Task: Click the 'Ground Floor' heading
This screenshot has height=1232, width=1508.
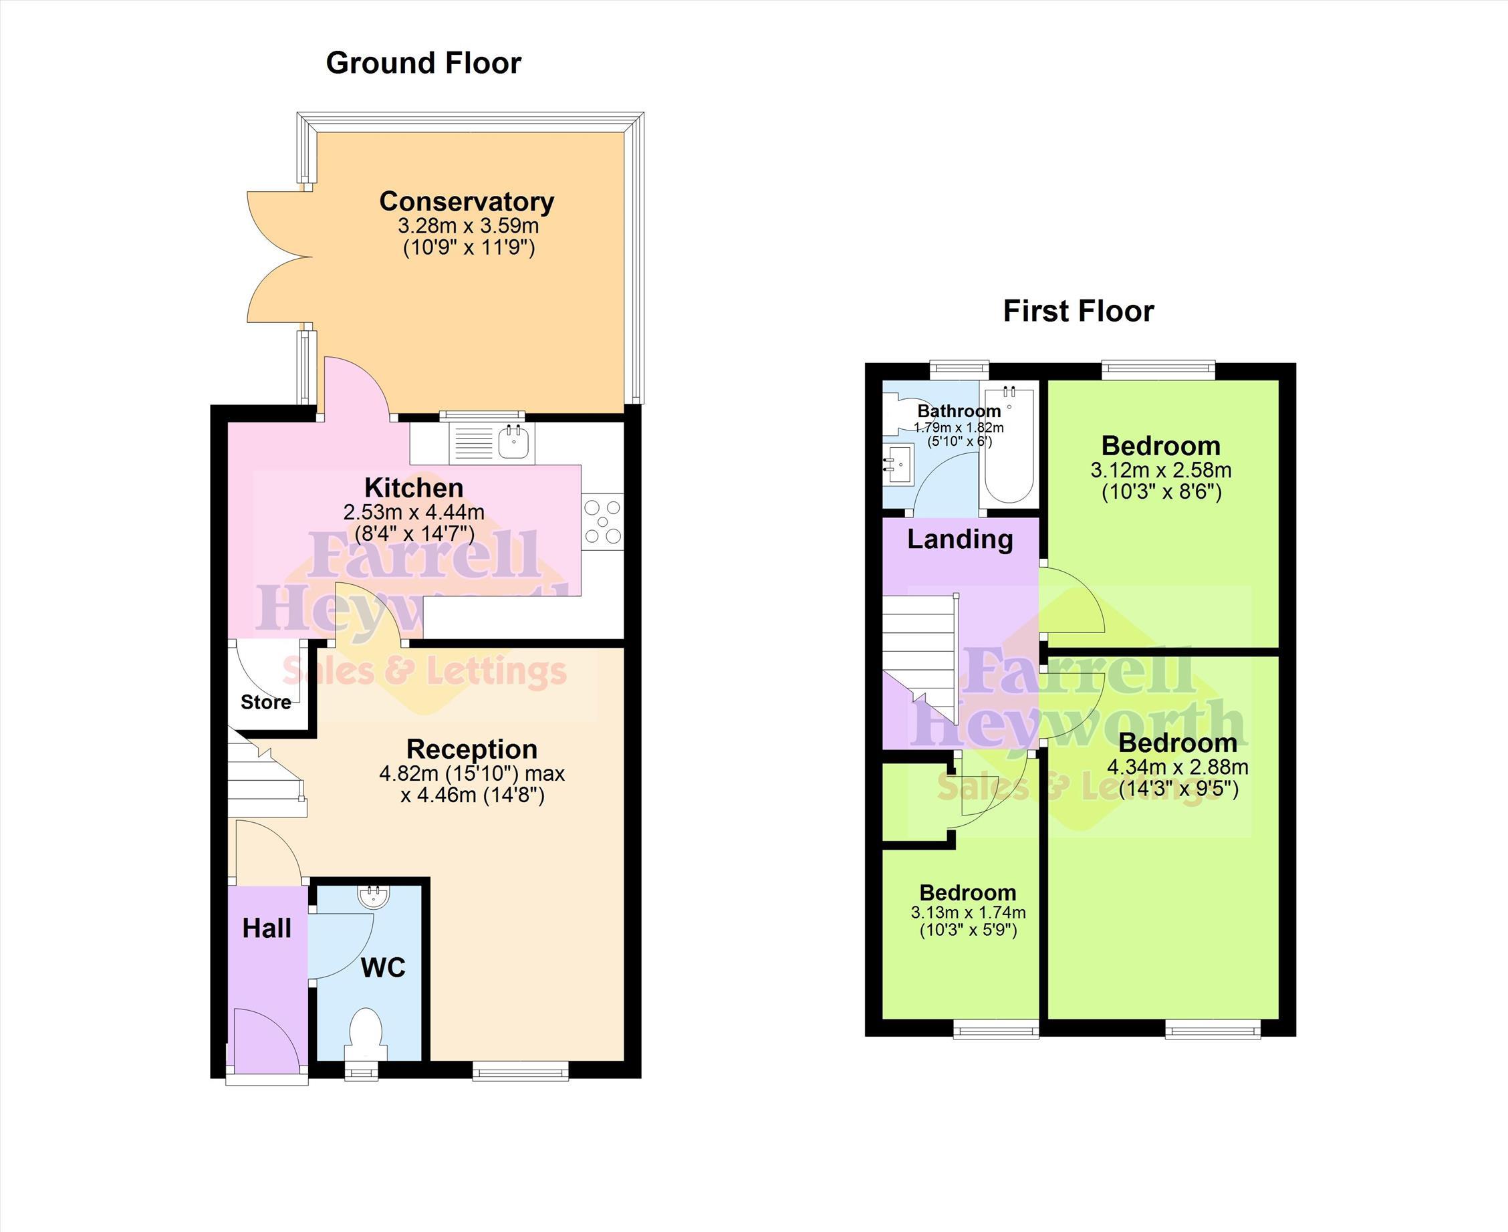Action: click(x=423, y=63)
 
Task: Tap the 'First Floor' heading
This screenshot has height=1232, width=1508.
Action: click(x=1078, y=312)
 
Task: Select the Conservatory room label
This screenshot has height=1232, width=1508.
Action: click(x=467, y=202)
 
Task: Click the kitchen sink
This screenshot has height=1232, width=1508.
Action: click(x=515, y=443)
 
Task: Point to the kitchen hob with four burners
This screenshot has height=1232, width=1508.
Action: click(x=602, y=521)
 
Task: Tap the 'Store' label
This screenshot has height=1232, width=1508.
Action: click(x=265, y=703)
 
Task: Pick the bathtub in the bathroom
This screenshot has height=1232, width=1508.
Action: click(x=1009, y=445)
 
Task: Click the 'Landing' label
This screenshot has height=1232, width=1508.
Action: click(x=959, y=539)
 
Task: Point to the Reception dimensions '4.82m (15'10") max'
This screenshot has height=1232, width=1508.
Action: click(x=472, y=773)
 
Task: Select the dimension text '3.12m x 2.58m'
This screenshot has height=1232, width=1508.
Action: click(x=1161, y=471)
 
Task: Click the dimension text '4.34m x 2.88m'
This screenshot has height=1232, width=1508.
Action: click(x=1178, y=767)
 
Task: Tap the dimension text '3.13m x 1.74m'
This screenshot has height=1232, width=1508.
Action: click(x=968, y=912)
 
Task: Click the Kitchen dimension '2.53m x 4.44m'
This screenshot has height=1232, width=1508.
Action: click(x=414, y=511)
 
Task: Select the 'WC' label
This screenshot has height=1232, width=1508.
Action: click(x=383, y=968)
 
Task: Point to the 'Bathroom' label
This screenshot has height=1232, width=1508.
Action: click(x=959, y=411)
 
